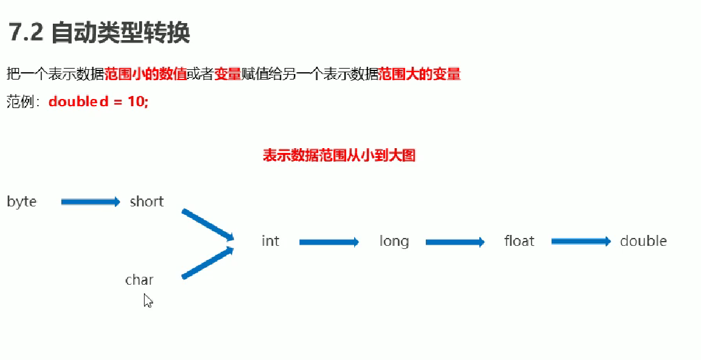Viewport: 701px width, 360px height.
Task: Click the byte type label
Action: [22, 202]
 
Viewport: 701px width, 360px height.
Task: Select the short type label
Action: [146, 202]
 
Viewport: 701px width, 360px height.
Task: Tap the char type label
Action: [139, 280]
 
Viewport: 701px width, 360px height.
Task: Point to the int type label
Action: [270, 241]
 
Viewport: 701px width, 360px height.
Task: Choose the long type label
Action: [394, 241]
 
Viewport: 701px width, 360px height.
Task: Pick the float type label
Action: [519, 241]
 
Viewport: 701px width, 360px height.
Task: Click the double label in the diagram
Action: [643, 241]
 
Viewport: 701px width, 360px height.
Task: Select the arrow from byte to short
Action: [91, 202]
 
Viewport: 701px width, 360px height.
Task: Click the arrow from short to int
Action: [208, 224]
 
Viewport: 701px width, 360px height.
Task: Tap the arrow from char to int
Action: [208, 263]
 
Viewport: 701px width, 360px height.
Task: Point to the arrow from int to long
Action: [329, 242]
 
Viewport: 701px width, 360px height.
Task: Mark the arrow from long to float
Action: [455, 242]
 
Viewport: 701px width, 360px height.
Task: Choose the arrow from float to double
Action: [581, 242]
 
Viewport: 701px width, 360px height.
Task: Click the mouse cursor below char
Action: [147, 300]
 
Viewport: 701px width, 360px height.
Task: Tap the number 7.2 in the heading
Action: [26, 33]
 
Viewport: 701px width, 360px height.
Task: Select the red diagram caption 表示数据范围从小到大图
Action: [339, 155]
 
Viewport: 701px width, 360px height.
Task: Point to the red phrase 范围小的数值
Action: [145, 74]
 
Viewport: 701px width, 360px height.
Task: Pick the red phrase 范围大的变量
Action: [420, 74]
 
